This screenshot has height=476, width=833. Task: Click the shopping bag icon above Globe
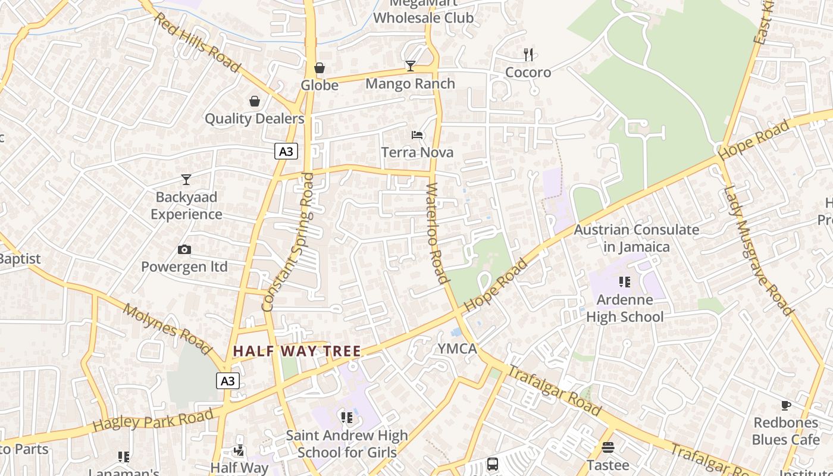point(320,68)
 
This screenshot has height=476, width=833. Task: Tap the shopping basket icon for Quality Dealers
point(255,102)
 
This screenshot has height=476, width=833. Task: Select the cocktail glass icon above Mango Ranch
point(410,66)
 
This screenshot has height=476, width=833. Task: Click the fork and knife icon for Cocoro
point(528,55)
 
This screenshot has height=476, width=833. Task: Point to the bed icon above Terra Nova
point(417,135)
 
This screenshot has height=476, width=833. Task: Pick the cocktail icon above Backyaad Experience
point(186,179)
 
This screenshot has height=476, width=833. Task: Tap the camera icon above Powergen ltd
point(184,250)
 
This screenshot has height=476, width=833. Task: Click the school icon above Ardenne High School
point(624,282)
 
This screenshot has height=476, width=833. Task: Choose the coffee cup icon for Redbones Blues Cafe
point(785,406)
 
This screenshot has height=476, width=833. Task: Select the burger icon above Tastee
point(607,447)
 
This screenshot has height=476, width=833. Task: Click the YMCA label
point(457,349)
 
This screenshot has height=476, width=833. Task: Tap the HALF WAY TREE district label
point(297,351)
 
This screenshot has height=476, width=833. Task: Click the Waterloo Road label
point(437,233)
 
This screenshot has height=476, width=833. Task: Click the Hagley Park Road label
point(153,419)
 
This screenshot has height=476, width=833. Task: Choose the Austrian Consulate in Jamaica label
point(637,238)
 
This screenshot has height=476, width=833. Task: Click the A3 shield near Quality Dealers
point(286,151)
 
